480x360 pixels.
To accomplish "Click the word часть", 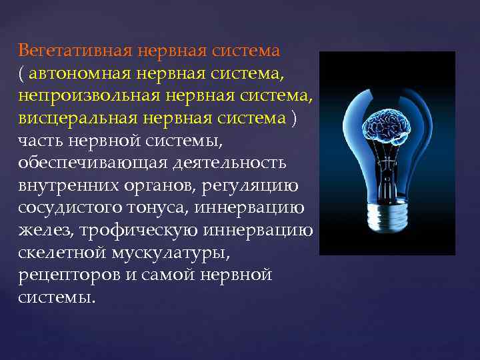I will (41, 141).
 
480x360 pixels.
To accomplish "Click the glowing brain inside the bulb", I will (388, 127).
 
